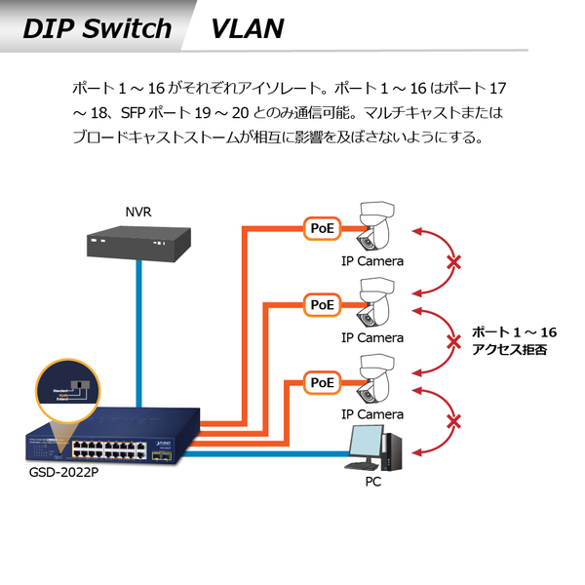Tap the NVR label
(x=138, y=212)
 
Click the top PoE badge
(x=322, y=228)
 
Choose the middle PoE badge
(x=322, y=304)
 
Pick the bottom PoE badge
(x=322, y=381)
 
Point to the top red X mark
(x=452, y=262)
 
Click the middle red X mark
(x=452, y=340)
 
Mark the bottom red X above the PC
(x=452, y=422)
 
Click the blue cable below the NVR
(x=140, y=331)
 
